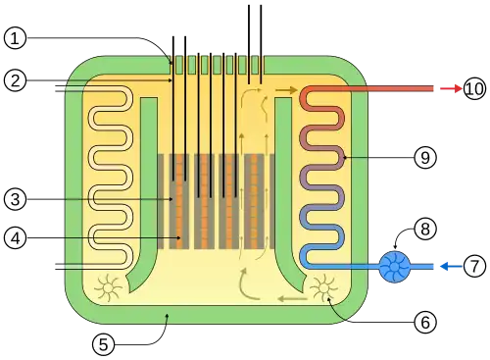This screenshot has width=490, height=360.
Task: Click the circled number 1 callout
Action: (15, 38)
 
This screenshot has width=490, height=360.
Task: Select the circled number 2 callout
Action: (15, 80)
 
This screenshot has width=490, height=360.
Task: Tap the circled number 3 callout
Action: (15, 199)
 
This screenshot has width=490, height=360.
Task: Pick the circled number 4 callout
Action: (15, 238)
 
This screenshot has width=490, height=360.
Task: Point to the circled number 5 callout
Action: (103, 344)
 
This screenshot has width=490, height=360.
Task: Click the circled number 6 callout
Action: (425, 323)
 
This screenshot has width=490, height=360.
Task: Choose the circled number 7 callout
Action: (474, 266)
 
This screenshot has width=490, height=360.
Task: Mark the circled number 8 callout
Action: (425, 229)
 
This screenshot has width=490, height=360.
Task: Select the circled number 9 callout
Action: (425, 158)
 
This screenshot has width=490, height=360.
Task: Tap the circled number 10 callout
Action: (474, 88)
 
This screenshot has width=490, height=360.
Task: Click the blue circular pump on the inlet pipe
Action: (395, 267)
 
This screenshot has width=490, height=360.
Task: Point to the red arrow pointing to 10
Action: (451, 88)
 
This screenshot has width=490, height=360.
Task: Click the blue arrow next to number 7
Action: (451, 267)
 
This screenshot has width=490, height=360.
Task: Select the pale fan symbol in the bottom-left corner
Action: (108, 288)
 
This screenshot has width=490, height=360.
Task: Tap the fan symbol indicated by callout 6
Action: (323, 288)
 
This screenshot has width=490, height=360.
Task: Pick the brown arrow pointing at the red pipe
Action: (286, 90)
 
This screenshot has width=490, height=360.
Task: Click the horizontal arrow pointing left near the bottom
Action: (293, 298)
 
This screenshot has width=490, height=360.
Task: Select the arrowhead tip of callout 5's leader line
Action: (168, 314)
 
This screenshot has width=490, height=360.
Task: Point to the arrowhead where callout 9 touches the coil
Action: (344, 158)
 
